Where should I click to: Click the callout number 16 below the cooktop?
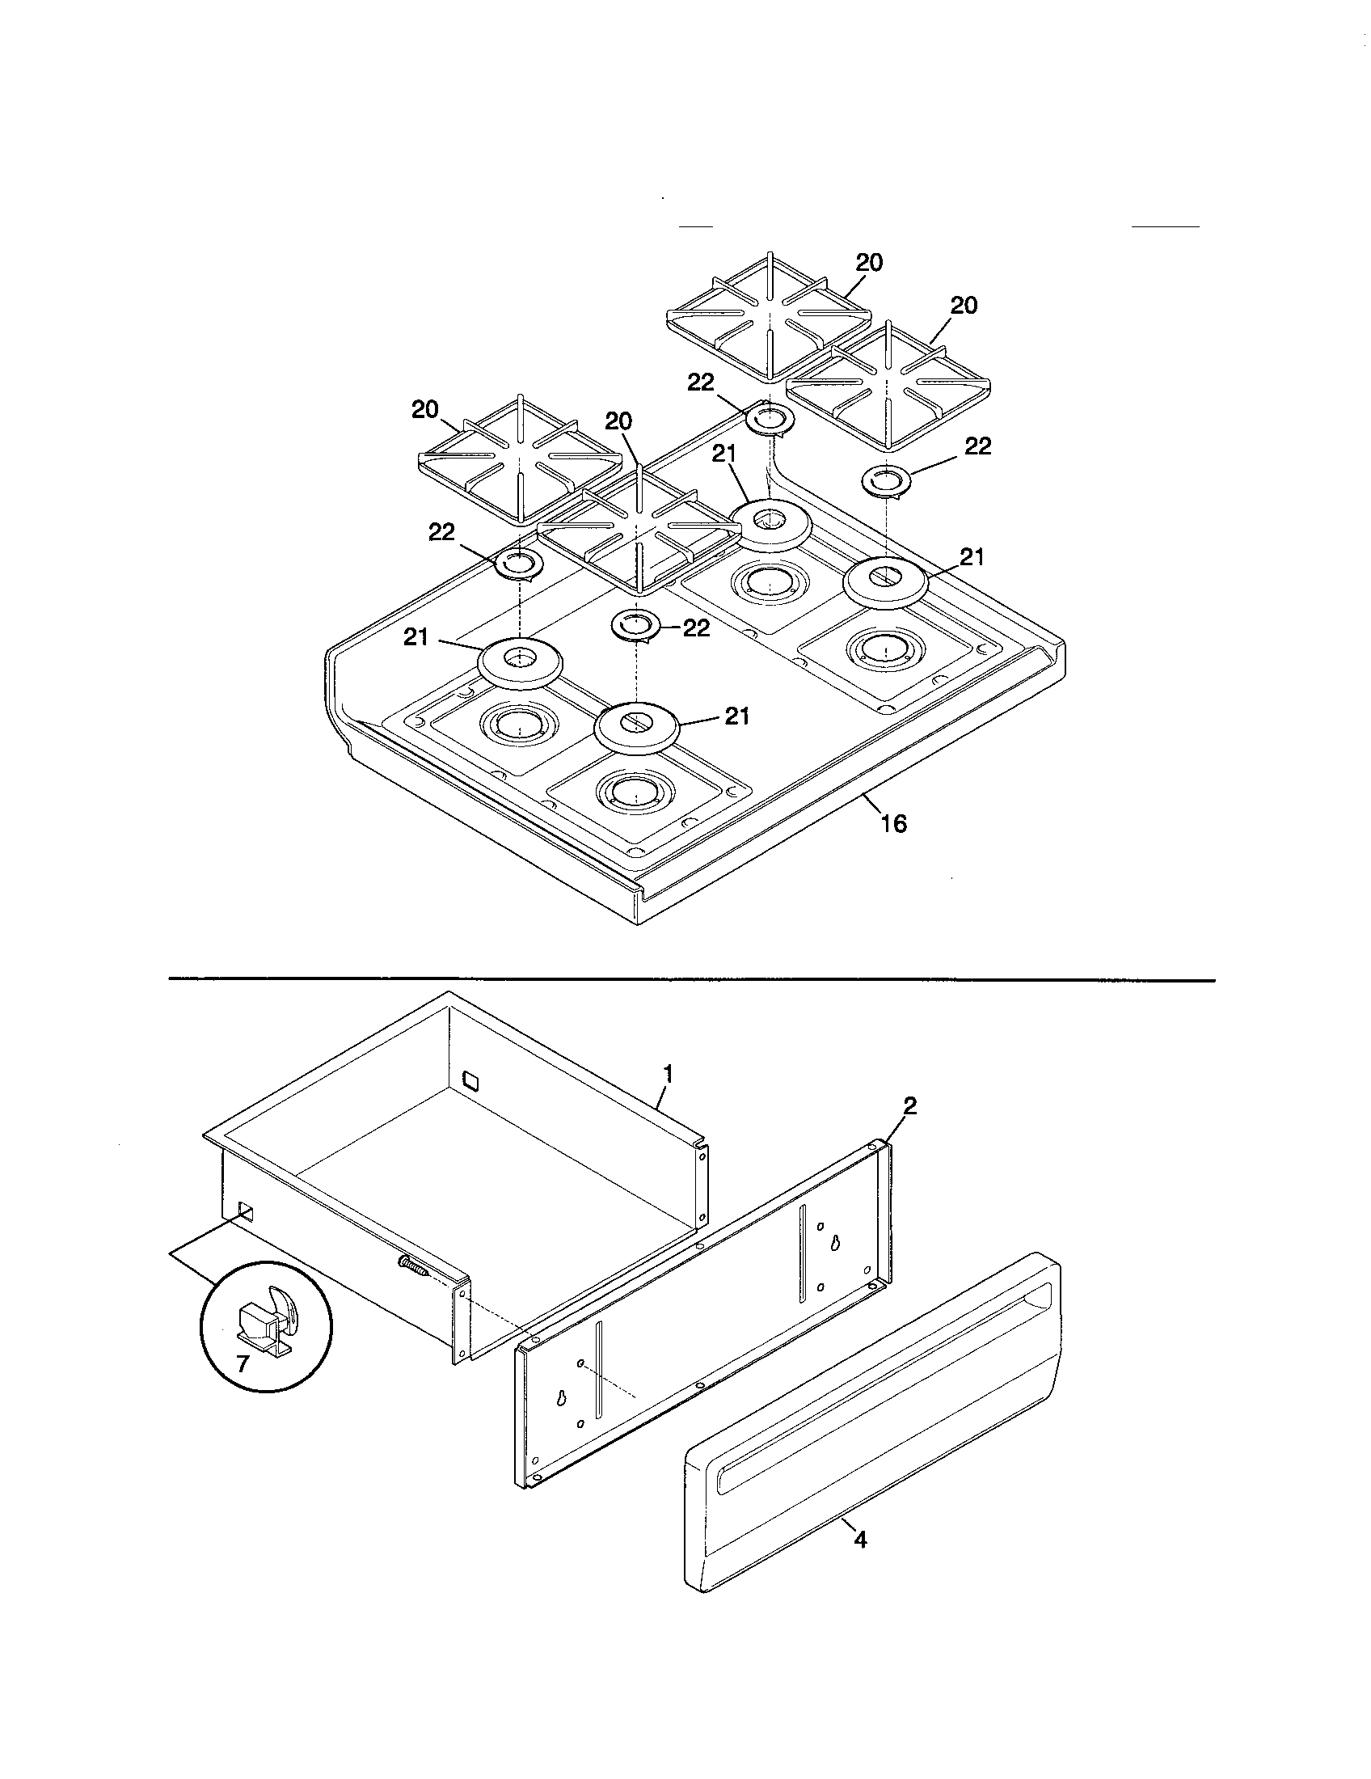893,823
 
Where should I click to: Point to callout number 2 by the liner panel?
909,1105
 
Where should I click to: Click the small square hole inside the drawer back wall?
470,1080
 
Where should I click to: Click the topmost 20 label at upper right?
869,262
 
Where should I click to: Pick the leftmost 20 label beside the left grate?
425,410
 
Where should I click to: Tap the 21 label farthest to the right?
972,557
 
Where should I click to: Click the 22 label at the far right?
978,446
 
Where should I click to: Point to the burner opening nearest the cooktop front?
635,790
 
